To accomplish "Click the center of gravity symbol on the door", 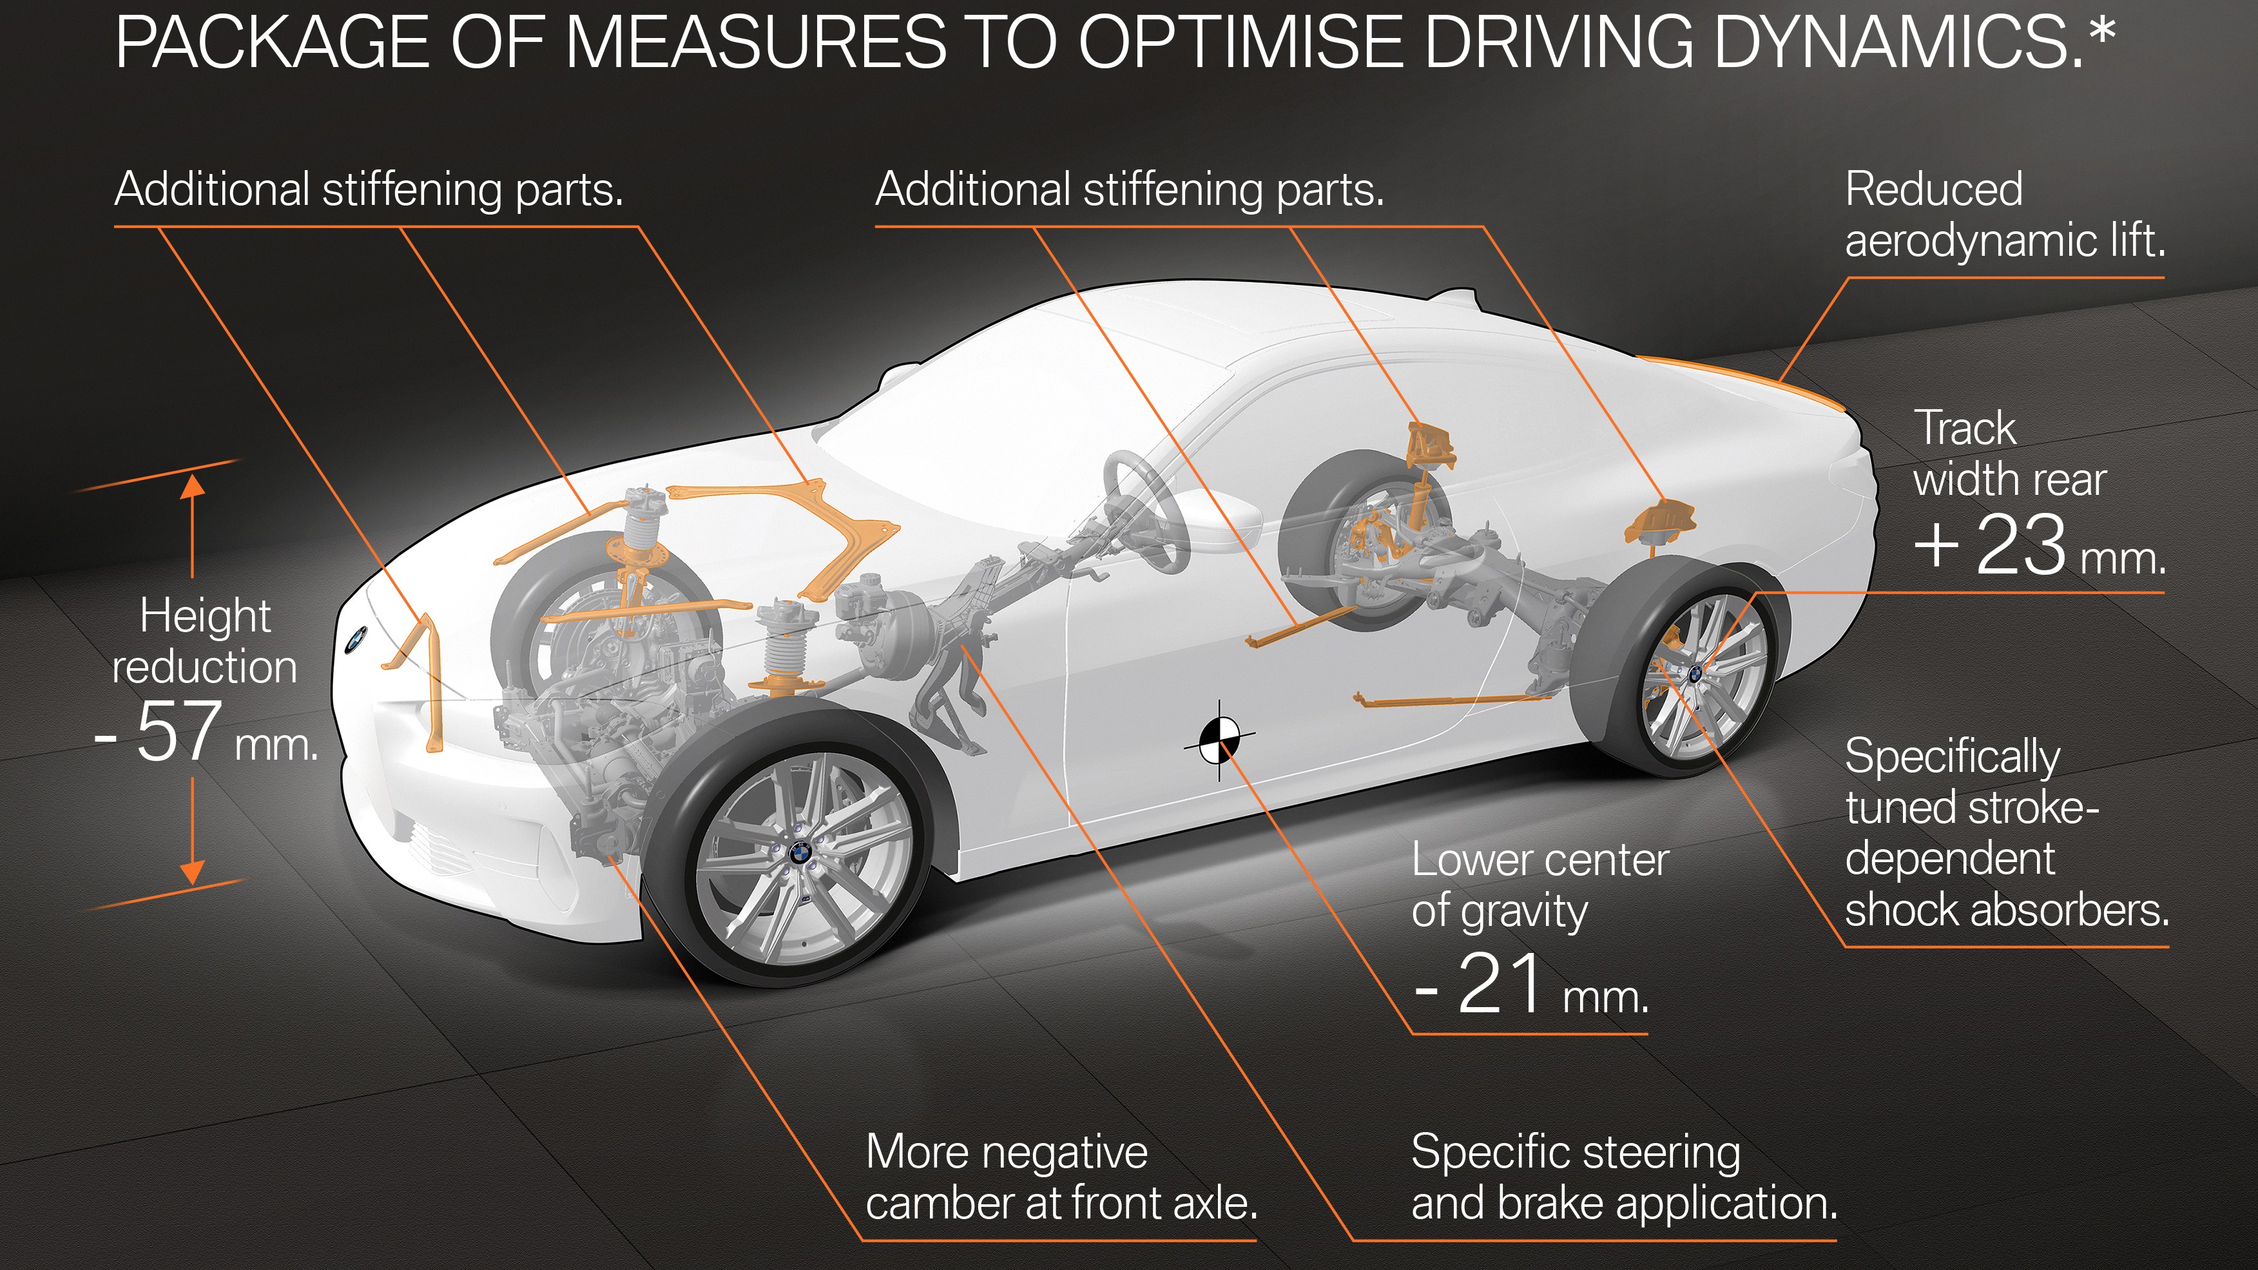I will pos(1219,740).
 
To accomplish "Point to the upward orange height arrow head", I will pos(192,485).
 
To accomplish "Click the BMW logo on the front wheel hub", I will pos(800,852).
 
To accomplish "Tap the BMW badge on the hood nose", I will pos(355,639).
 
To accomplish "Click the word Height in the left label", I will pos(205,615).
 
